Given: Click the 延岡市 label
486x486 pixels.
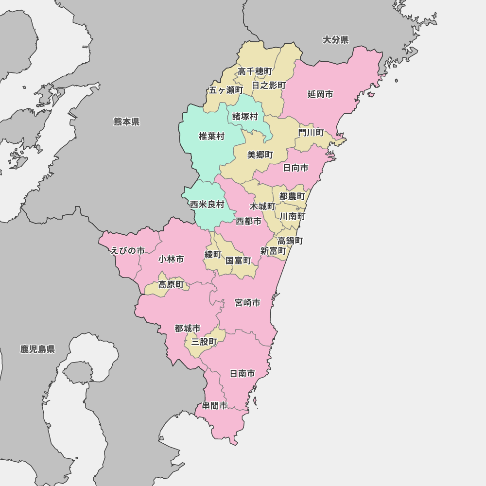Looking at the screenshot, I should [x=320, y=94].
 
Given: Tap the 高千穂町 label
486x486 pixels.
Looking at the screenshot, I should [x=255, y=71].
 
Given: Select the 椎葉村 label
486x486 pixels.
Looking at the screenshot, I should [x=211, y=136].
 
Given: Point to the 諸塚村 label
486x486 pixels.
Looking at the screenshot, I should [x=245, y=117].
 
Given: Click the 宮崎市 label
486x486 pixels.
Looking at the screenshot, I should [x=247, y=303].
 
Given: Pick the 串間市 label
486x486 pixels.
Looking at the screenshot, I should [x=215, y=405].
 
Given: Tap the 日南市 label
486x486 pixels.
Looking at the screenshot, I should [x=242, y=374].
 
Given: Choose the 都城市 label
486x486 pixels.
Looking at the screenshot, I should [x=188, y=329].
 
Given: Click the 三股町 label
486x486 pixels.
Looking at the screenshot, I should [x=204, y=342].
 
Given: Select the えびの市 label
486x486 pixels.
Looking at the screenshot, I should [x=128, y=251].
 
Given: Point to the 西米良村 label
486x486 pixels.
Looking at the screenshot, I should [x=207, y=204].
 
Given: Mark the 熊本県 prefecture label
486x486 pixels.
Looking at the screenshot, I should [x=126, y=121].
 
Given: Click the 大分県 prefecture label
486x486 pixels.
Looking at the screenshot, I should [x=336, y=40].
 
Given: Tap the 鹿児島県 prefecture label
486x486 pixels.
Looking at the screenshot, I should [x=37, y=349].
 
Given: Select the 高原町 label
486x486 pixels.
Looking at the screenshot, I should [x=171, y=285].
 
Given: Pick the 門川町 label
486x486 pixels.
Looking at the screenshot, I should [x=311, y=132].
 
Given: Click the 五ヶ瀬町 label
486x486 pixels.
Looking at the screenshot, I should [x=226, y=90].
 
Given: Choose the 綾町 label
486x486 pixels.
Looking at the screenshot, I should [x=213, y=254].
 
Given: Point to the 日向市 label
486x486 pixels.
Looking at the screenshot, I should [x=295, y=168].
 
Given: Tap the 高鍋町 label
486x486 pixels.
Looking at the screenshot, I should [x=291, y=240].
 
